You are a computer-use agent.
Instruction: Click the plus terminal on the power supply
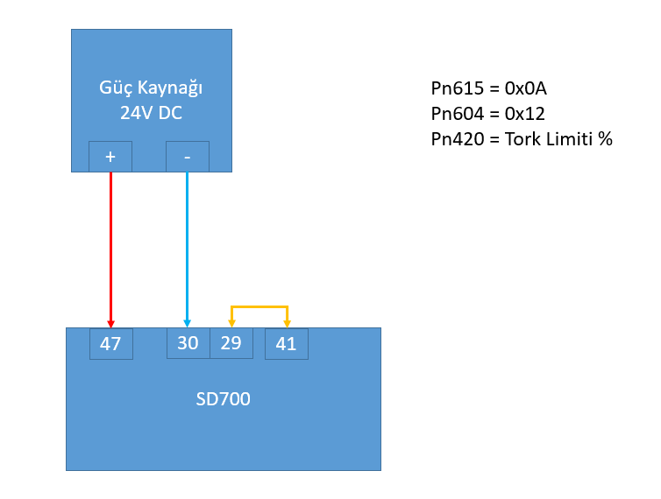(x=110, y=156)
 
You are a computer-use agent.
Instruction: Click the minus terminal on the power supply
(x=188, y=156)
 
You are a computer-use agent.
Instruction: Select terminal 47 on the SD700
(x=111, y=343)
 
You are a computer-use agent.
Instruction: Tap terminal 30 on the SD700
(x=188, y=343)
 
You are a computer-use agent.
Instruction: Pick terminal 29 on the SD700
(x=231, y=343)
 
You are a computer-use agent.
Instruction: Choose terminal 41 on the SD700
(x=287, y=343)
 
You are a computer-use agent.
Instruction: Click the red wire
(x=110, y=245)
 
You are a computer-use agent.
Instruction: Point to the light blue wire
(x=188, y=245)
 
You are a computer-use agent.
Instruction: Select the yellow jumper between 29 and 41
(x=259, y=306)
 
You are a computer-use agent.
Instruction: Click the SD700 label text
(x=223, y=399)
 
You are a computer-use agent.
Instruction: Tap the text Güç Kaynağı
(x=152, y=88)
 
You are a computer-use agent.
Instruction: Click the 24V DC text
(x=152, y=113)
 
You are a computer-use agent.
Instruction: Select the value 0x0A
(x=526, y=88)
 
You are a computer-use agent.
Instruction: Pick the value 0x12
(x=525, y=114)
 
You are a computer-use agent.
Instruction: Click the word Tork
(x=524, y=138)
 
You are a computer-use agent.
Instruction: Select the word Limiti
(x=571, y=138)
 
